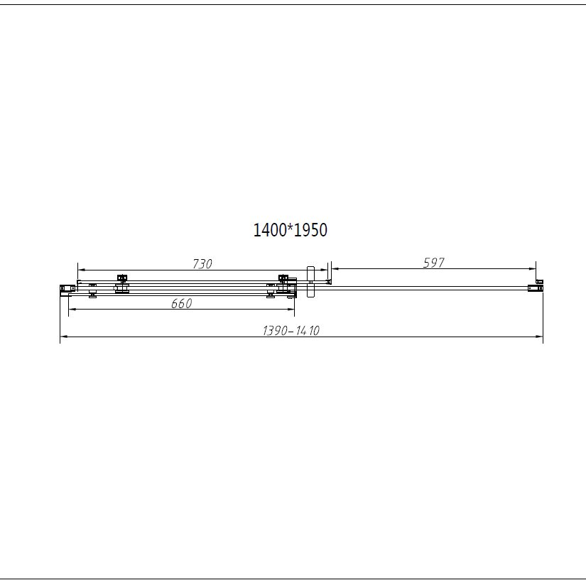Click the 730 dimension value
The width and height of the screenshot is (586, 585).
(202, 264)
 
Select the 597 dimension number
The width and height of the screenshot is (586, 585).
(434, 263)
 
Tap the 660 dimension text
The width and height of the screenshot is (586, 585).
(182, 303)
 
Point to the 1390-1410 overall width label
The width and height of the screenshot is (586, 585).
(291, 331)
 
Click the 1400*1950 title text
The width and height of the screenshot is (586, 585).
(291, 230)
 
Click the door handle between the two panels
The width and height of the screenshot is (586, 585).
(310, 282)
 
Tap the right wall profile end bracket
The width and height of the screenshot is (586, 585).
(535, 288)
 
